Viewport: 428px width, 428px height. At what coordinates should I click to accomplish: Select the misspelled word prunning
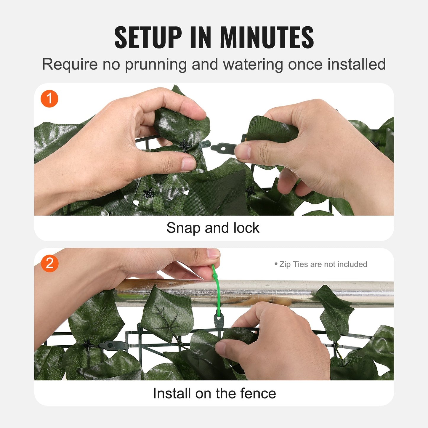point(156,65)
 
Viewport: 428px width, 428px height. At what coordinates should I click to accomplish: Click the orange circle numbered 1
point(49,99)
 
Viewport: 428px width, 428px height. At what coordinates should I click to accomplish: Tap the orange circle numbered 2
point(49,263)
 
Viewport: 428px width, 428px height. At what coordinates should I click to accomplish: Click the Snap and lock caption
point(213,228)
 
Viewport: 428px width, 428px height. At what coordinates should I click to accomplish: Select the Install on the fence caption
point(214,393)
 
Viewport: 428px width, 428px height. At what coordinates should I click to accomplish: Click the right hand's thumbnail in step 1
point(243,151)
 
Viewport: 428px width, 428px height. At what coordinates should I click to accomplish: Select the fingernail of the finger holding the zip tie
point(213,253)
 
